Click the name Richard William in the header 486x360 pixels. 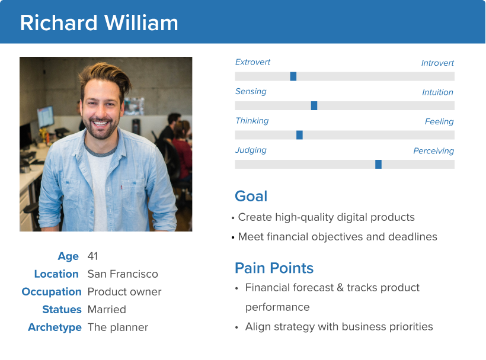click(99, 23)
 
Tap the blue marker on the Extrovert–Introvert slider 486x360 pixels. click(293, 76)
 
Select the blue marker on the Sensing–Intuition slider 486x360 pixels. click(314, 105)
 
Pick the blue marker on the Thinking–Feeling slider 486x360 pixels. click(299, 135)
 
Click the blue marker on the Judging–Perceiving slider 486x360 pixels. click(379, 165)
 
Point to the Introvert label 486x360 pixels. click(437, 63)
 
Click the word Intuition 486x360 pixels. click(437, 92)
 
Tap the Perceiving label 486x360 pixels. click(434, 151)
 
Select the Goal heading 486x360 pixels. click(251, 196)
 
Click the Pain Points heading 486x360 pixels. click(274, 268)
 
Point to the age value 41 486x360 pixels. click(92, 256)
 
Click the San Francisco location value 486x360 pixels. click(123, 274)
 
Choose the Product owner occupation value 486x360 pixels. click(124, 291)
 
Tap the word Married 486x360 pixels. click(107, 310)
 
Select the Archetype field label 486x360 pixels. click(55, 327)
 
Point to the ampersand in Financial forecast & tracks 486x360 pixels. click(340, 288)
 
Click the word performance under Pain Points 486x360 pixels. click(277, 307)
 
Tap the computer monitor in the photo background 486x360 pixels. click(46, 117)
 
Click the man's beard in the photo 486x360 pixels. click(101, 129)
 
